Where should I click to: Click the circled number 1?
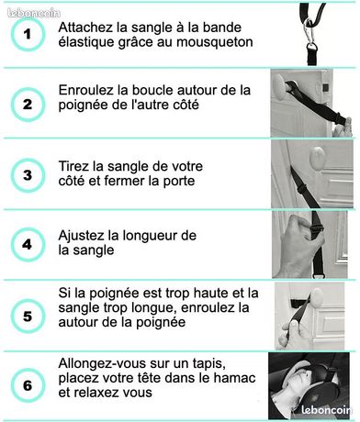tap(28, 34)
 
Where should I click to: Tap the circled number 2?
tap(28, 105)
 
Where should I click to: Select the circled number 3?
tap(28, 175)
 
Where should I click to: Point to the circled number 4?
tap(28, 245)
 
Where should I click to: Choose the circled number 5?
tap(28, 316)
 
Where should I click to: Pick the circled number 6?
tap(28, 385)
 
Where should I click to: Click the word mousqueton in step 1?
tap(215, 43)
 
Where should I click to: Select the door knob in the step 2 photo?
tap(279, 84)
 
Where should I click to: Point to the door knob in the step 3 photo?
tap(317, 158)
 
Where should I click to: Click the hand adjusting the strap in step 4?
tap(296, 246)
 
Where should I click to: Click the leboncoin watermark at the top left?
tap(34, 13)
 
